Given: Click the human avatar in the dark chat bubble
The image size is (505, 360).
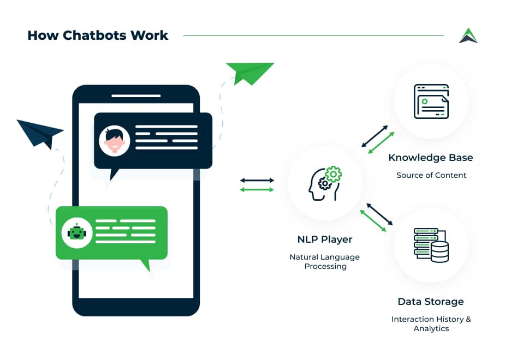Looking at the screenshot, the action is (x=114, y=141).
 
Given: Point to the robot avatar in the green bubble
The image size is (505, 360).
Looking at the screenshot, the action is (x=77, y=232).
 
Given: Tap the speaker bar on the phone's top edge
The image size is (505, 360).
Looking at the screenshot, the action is (x=136, y=96).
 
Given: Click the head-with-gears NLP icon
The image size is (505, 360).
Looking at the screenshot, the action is (x=325, y=183).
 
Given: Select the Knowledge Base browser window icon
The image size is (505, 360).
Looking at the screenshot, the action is (x=431, y=101).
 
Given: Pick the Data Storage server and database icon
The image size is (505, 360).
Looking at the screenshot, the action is (x=431, y=245).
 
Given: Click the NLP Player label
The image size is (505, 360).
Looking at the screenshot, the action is (x=325, y=239).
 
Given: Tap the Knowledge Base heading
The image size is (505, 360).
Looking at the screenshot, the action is (x=431, y=158).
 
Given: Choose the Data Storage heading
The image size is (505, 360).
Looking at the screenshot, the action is (x=431, y=302).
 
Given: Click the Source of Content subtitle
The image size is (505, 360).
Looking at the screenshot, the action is (x=431, y=175).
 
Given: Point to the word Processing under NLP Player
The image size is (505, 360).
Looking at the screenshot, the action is (x=325, y=266).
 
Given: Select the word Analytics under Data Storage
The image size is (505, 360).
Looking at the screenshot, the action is (x=431, y=328).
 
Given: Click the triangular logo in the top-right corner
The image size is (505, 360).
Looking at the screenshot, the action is (x=468, y=35).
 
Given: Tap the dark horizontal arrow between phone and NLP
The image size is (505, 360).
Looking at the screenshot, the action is (x=257, y=181).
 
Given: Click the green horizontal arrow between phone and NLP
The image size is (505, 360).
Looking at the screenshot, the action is (x=257, y=190).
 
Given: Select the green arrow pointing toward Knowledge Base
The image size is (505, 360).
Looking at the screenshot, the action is (x=381, y=142).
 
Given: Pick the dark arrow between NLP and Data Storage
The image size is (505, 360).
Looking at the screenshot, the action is (x=380, y=214).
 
